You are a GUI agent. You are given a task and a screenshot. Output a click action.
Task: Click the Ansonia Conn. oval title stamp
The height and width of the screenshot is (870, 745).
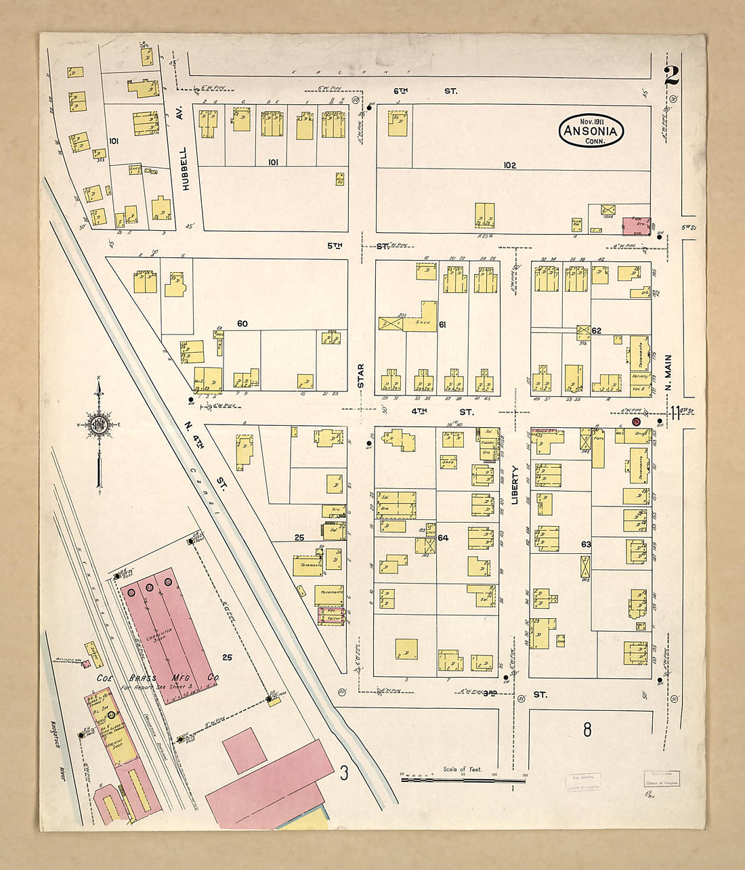coord(591,131)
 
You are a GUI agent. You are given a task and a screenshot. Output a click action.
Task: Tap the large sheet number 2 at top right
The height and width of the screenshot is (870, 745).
coord(671,76)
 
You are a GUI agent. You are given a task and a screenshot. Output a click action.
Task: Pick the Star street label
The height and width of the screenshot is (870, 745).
coord(361,376)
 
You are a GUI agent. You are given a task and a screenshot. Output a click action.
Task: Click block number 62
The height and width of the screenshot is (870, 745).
coord(597,330)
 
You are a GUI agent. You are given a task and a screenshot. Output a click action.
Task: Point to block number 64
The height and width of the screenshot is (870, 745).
coord(443,538)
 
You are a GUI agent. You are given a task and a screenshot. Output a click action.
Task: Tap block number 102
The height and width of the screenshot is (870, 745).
coord(509,165)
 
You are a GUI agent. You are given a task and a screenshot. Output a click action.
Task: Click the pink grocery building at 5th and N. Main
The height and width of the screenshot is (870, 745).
coord(637,225)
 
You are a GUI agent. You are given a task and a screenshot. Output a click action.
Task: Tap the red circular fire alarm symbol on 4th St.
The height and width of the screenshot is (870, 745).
coord(635,421)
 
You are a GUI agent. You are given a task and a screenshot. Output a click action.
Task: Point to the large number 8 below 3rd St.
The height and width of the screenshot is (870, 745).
coord(587,729)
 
